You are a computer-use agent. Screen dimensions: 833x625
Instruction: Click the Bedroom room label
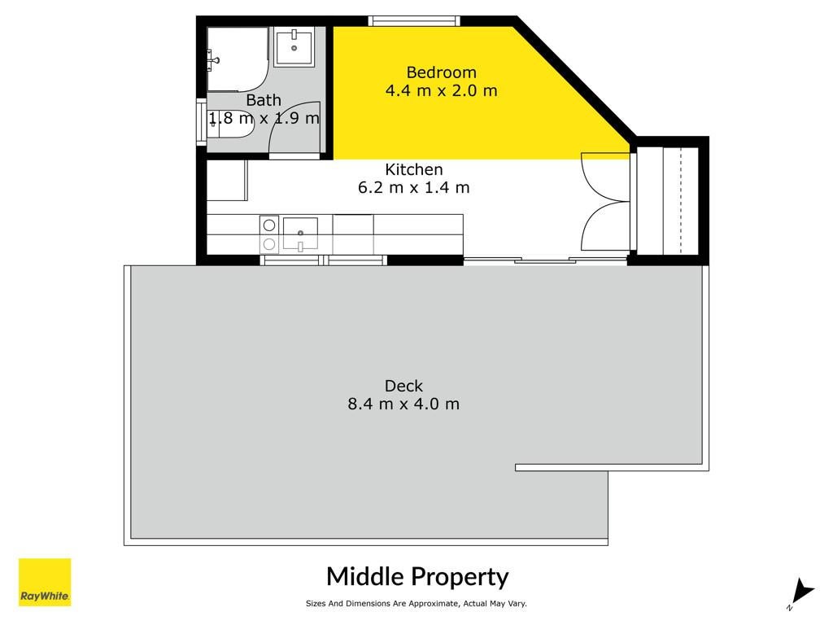(441, 72)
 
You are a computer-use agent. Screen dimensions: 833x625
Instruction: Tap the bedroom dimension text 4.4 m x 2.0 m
(441, 90)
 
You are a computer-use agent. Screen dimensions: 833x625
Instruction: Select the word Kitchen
(414, 169)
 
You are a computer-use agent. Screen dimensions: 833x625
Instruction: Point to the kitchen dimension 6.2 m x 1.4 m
(414, 188)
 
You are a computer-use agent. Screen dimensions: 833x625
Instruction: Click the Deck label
(403, 386)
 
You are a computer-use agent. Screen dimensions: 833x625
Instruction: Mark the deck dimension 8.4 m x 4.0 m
(403, 404)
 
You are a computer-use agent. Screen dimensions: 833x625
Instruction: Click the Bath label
(264, 100)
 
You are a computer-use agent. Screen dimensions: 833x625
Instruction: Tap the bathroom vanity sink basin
(294, 46)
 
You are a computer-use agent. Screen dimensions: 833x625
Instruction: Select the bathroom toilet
(230, 124)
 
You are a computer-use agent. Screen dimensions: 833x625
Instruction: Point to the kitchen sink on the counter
(300, 233)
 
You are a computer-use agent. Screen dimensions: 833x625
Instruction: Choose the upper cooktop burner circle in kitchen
(269, 225)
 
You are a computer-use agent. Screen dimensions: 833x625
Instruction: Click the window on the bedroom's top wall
(414, 20)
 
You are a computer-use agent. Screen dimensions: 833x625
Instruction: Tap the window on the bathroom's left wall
(202, 122)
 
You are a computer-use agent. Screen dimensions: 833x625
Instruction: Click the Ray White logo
(45, 582)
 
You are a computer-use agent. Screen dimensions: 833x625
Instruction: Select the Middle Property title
(417, 577)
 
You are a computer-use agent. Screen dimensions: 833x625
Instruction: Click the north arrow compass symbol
(800, 593)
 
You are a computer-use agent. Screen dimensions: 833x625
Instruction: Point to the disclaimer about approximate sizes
(416, 603)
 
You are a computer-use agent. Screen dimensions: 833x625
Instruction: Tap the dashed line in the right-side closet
(681, 201)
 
